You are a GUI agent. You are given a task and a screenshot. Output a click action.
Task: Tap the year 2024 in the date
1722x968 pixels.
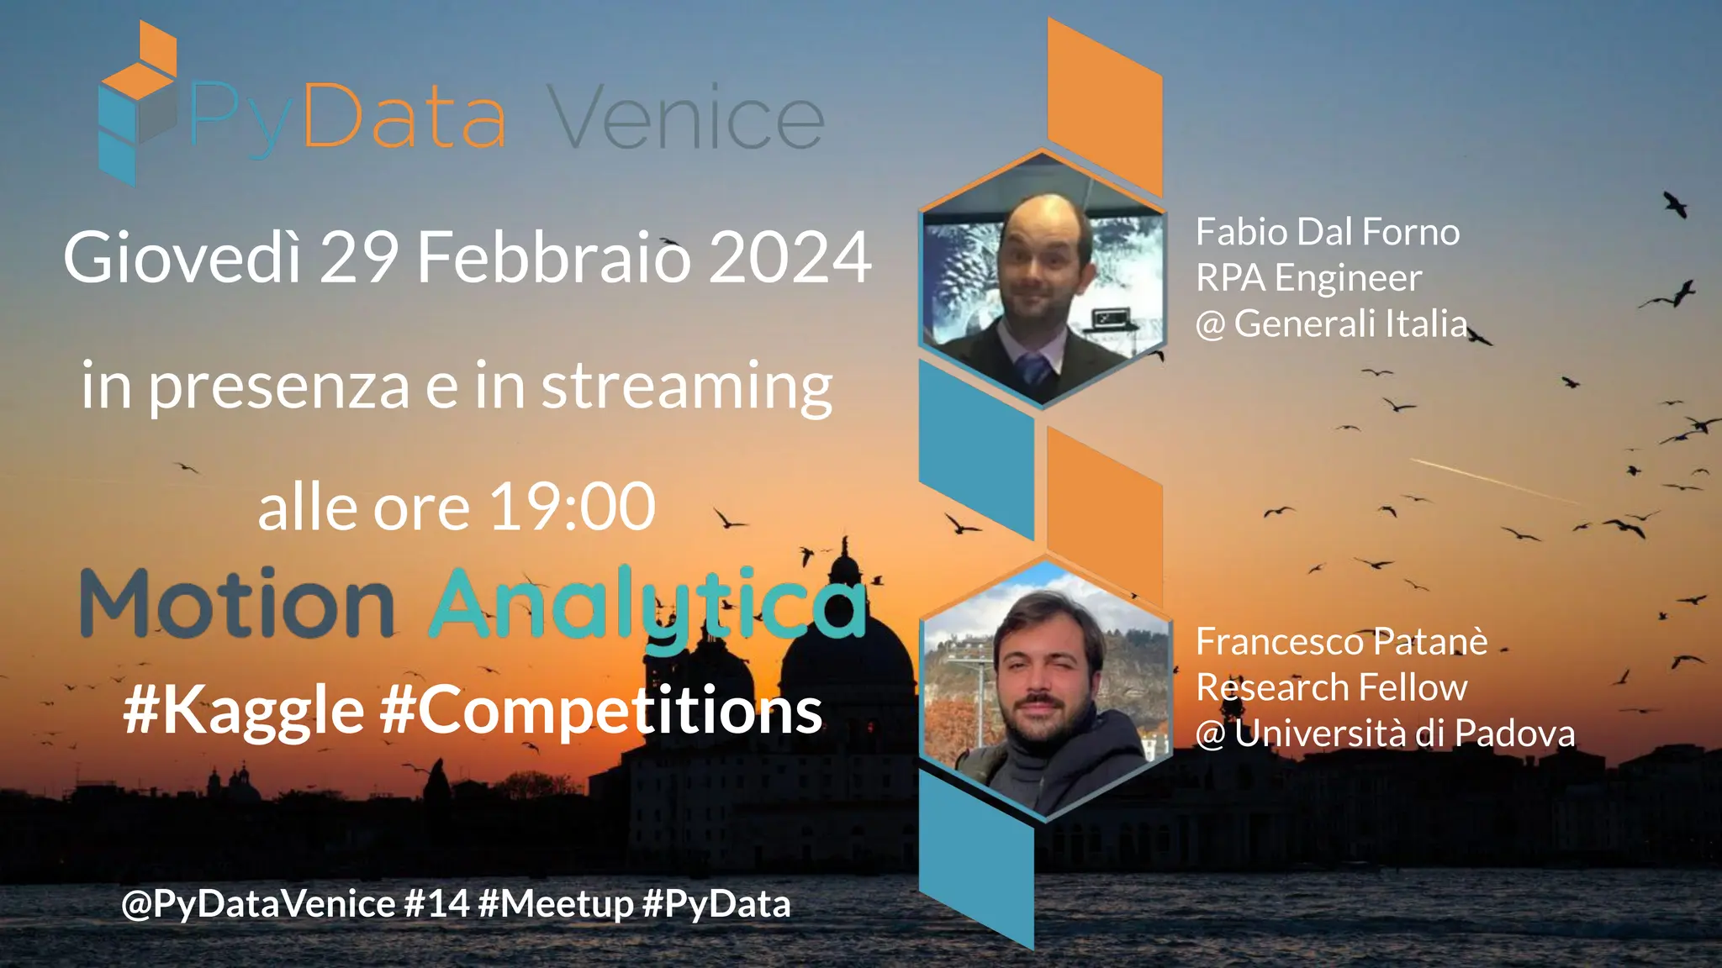[790, 257]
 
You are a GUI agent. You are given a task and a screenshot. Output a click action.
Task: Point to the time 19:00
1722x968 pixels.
[572, 508]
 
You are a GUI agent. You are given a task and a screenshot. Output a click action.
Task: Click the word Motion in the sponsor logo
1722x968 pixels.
[237, 604]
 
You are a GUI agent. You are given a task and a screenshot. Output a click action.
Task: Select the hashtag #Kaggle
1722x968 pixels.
[244, 711]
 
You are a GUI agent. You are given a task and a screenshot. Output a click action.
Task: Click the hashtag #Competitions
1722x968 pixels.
[600, 711]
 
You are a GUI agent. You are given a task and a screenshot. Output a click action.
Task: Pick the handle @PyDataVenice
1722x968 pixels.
[258, 904]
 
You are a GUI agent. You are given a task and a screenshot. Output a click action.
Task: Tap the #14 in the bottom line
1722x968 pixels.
[436, 904]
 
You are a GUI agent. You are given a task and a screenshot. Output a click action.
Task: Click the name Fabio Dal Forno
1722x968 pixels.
[1328, 232]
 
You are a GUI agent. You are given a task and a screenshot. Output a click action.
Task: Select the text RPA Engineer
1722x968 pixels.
[1308, 277]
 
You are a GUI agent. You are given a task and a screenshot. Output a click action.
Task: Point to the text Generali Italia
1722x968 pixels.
[1350, 324]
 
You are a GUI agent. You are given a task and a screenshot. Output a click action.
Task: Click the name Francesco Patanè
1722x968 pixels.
[1341, 642]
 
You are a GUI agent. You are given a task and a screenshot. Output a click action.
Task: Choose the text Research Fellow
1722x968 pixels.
[1331, 687]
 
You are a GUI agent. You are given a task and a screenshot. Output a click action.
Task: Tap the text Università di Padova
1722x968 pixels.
[1404, 734]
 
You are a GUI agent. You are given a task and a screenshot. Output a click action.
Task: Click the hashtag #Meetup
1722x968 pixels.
[555, 904]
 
